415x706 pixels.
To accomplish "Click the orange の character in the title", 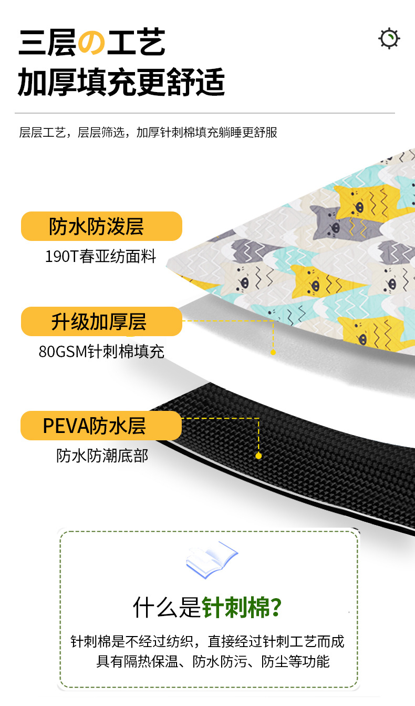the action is pyautogui.click(x=92, y=43).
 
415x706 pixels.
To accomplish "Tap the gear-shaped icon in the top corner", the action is pyautogui.click(x=389, y=39).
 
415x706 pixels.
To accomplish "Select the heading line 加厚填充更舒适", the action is pyautogui.click(x=121, y=83).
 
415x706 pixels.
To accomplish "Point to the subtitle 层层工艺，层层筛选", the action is pyautogui.click(x=73, y=132).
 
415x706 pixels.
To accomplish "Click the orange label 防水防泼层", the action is pyautogui.click(x=101, y=226).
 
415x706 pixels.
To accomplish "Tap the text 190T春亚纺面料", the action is pyautogui.click(x=101, y=256).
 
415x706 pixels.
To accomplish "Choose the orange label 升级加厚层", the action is pyautogui.click(x=101, y=321).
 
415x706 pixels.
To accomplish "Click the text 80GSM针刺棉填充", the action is pyautogui.click(x=101, y=351).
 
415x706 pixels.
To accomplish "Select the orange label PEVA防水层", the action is pyautogui.click(x=101, y=426).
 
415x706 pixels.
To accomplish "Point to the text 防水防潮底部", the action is pyautogui.click(x=102, y=456).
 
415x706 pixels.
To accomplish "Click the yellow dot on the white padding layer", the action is pyautogui.click(x=273, y=352).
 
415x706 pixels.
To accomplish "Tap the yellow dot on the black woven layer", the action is pyautogui.click(x=258, y=456).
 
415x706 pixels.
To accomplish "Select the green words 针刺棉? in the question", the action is pyautogui.click(x=242, y=608).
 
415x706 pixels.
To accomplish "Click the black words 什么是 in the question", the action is pyautogui.click(x=167, y=608).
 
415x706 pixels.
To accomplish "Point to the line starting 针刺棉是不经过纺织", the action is pyautogui.click(x=207, y=641).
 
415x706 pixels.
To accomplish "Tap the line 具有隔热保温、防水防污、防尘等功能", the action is pyautogui.click(x=213, y=661).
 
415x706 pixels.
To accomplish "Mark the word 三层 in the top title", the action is pyautogui.click(x=46, y=43).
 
